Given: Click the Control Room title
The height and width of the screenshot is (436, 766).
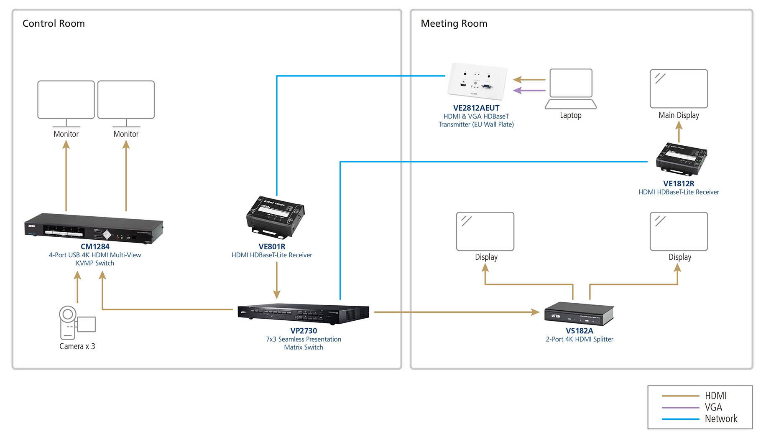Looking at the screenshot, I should click(54, 23).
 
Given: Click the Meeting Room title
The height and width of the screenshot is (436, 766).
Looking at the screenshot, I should click(454, 23).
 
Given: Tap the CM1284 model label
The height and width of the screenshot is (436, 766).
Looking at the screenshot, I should click(95, 246).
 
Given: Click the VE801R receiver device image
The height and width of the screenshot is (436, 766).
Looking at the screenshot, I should click(275, 215).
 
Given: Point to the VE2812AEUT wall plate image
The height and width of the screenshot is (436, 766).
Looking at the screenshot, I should click(477, 81).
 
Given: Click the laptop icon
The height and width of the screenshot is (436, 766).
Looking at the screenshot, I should click(571, 89).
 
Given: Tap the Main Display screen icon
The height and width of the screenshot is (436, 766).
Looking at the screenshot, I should click(679, 89).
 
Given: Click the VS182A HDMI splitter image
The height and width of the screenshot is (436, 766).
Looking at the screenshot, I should click(579, 313).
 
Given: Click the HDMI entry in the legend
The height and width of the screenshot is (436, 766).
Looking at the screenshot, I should click(715, 395).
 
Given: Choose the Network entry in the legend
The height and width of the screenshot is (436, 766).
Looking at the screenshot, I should click(720, 418).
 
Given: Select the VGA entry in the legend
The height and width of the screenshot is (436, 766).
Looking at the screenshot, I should click(713, 407).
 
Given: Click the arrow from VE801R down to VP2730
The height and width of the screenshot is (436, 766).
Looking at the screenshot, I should click(276, 280).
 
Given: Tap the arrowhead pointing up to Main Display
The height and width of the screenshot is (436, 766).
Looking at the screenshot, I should click(679, 125).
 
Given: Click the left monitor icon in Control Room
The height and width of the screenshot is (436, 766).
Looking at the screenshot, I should click(66, 100).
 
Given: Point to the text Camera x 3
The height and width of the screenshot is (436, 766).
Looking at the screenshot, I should click(77, 346).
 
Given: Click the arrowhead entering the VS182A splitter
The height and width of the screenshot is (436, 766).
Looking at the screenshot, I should click(535, 312).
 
